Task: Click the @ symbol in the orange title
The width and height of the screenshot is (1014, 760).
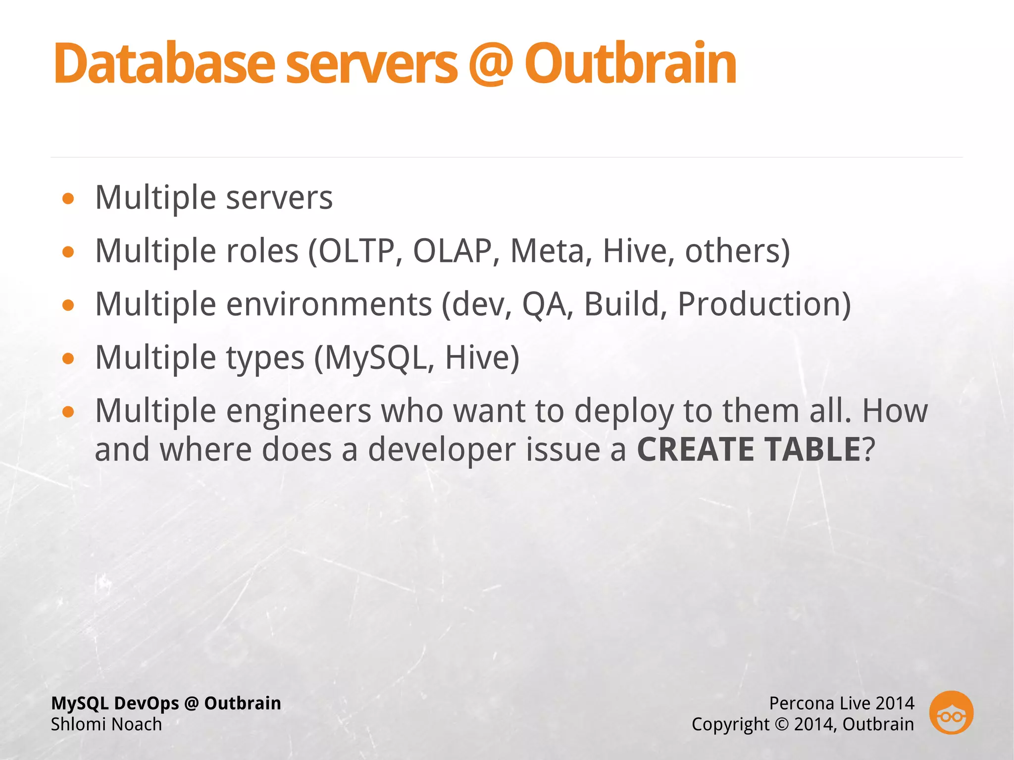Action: pos(490,64)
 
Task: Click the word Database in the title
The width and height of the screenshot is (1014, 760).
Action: pos(163,64)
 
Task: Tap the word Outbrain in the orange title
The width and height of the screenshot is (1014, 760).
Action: pos(630,64)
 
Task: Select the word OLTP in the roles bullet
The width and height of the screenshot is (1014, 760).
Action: pos(356,251)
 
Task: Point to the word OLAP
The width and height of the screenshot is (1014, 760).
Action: pos(452,251)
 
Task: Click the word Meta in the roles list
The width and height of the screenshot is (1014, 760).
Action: pos(547,251)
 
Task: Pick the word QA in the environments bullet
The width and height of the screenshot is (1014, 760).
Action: pos(544,304)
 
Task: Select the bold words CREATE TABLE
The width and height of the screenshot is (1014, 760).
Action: pos(749,450)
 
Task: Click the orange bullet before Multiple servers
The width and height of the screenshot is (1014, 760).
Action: pos(68,199)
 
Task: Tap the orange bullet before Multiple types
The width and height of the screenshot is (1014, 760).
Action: pos(68,358)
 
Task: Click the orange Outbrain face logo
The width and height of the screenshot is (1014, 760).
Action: pos(951,712)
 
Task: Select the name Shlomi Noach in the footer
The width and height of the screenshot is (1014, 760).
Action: pos(106,724)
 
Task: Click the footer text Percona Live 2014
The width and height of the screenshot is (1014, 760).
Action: pos(841,703)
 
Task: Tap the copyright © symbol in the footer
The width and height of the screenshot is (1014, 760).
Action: pos(781,724)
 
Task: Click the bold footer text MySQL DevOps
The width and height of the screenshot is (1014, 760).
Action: pos(115,703)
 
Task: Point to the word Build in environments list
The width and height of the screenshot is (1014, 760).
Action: pos(621,304)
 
